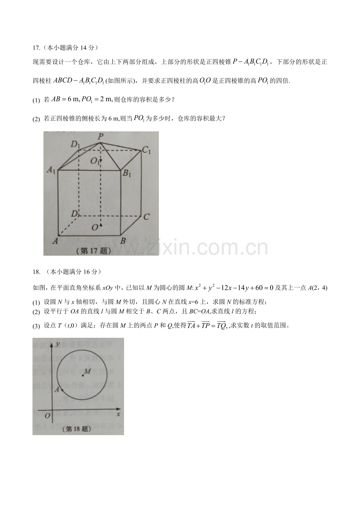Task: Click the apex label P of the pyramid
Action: click(x=101, y=136)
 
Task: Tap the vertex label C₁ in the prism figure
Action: click(x=146, y=150)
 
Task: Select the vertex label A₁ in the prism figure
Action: click(x=51, y=170)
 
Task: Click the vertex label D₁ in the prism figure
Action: click(x=75, y=144)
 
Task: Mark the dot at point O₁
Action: click(x=101, y=160)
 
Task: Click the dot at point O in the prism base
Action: click(x=101, y=226)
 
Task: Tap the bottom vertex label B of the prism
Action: click(x=123, y=241)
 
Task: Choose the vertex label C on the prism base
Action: click(x=146, y=217)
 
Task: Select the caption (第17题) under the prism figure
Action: click(x=94, y=251)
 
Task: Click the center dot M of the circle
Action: click(x=83, y=376)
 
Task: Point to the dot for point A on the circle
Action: click(x=62, y=390)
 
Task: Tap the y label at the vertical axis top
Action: click(x=58, y=344)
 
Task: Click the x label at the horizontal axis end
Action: click(x=118, y=414)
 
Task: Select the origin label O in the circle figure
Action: click(x=47, y=416)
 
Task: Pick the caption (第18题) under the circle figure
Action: click(x=77, y=429)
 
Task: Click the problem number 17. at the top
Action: click(x=36, y=48)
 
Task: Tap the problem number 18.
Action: click(x=36, y=272)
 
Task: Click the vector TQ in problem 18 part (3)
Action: click(x=221, y=325)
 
